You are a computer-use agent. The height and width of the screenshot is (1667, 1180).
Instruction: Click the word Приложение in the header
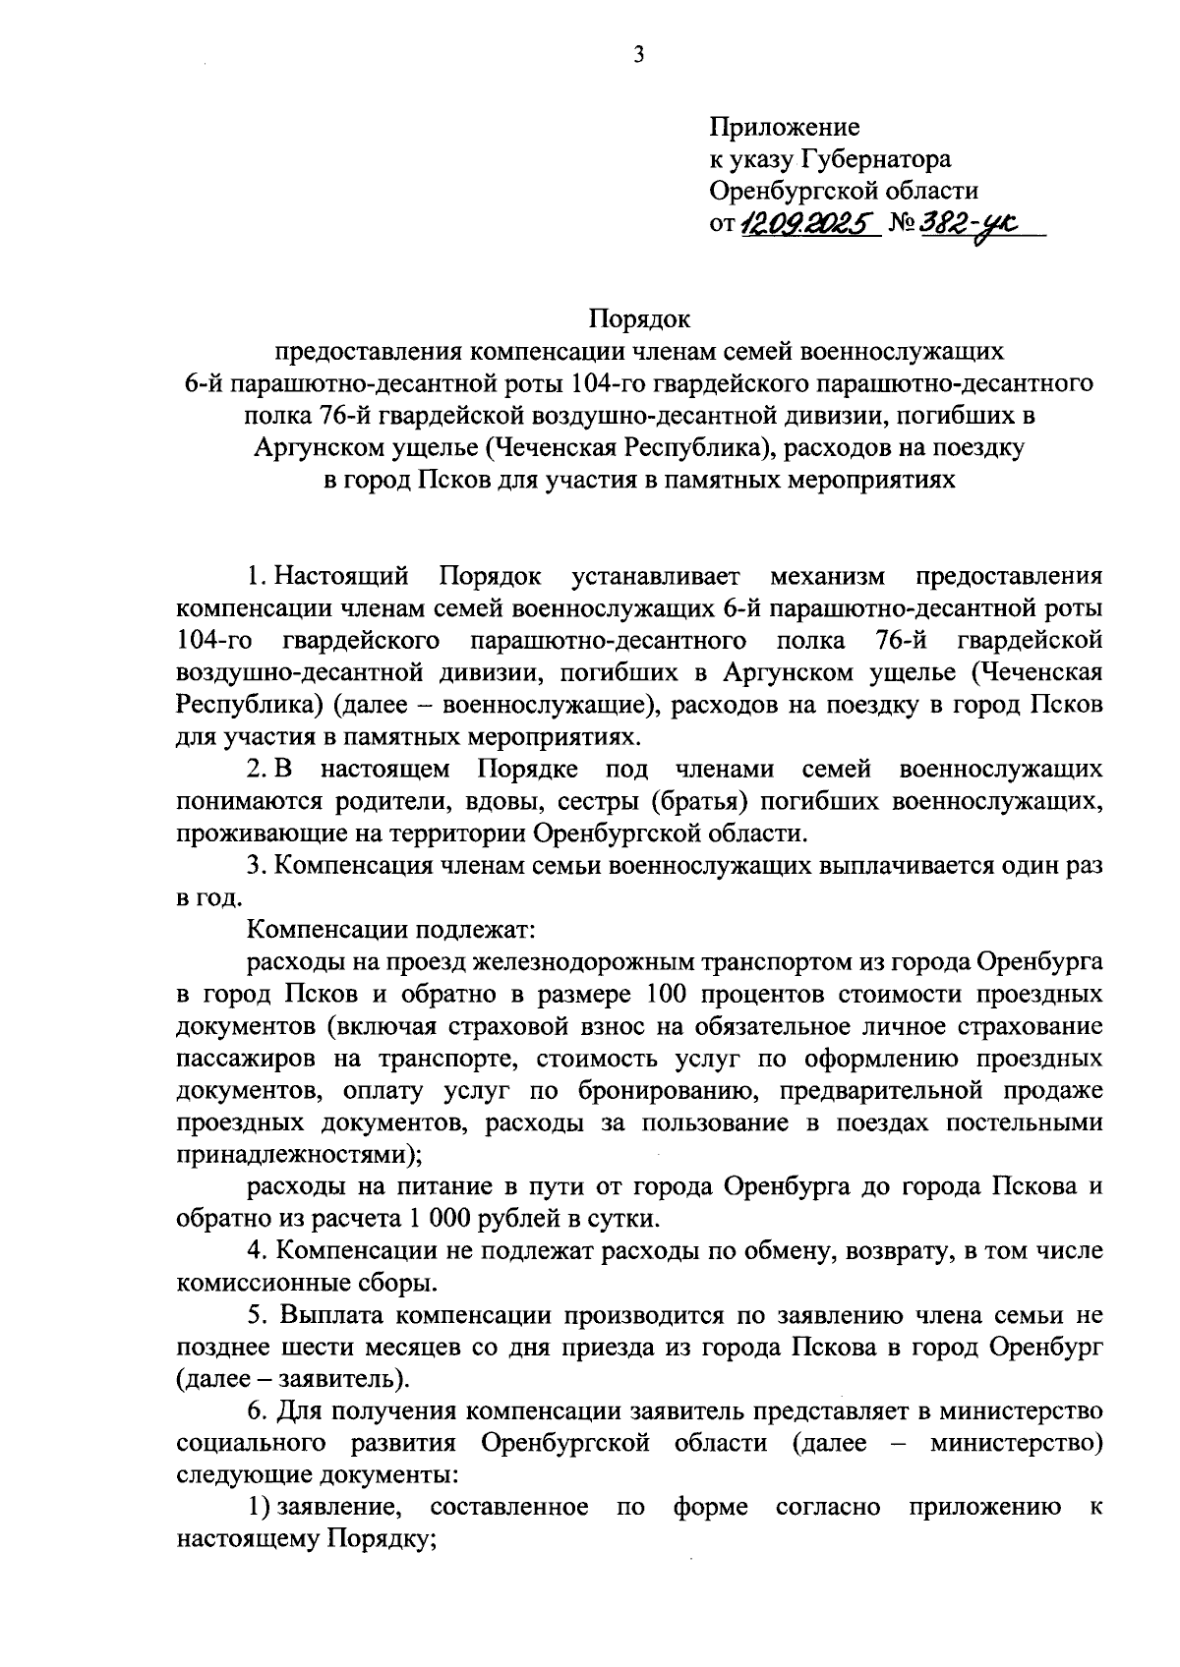point(785,127)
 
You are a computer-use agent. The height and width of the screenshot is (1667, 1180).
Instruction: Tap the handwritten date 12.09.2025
point(808,225)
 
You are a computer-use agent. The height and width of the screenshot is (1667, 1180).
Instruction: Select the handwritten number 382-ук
point(969,225)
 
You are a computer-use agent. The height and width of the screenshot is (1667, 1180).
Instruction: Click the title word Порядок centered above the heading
point(640,318)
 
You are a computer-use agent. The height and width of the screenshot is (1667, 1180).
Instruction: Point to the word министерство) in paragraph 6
point(1016,1443)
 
